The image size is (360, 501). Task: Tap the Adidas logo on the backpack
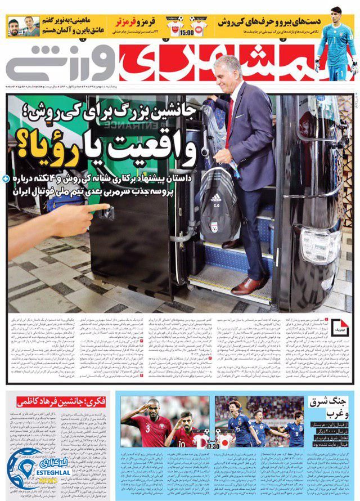(x=217, y=198)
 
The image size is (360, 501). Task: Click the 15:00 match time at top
(x=187, y=33)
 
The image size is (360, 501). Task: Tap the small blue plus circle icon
(x=5, y=178)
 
